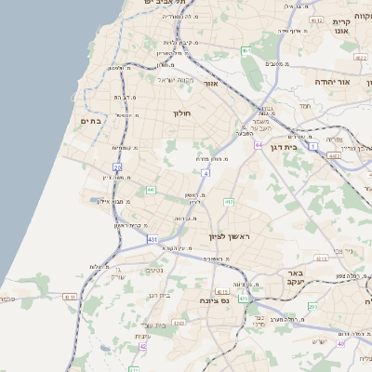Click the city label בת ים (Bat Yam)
[x=90, y=120]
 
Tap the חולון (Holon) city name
[x=180, y=113]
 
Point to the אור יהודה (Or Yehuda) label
[x=332, y=82]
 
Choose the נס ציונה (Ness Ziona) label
[x=216, y=300]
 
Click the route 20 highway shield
[x=117, y=167]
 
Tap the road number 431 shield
[x=152, y=239]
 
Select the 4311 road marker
[x=69, y=296]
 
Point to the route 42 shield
[x=143, y=346]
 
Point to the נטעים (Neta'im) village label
[x=153, y=271]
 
